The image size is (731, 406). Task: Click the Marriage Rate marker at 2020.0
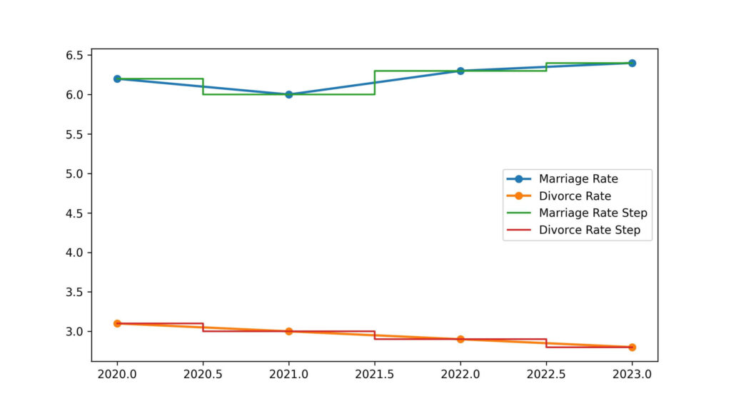click(x=117, y=78)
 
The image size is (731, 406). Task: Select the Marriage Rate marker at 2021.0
click(x=288, y=94)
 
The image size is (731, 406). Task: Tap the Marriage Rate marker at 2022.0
click(x=460, y=71)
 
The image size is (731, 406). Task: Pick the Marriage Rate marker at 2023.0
click(x=632, y=63)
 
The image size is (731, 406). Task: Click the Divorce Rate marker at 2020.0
click(x=117, y=323)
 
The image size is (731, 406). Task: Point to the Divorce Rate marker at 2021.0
click(x=288, y=331)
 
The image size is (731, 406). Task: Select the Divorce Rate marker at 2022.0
click(x=460, y=339)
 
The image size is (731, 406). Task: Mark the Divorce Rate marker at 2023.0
click(x=632, y=347)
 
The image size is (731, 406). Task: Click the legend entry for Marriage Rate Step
click(x=593, y=213)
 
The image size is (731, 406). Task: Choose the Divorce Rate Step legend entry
click(x=590, y=230)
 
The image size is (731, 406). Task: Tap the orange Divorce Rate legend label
click(x=575, y=196)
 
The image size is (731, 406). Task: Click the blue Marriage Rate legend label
click(x=578, y=178)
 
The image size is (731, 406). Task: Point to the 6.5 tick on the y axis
click(x=76, y=55)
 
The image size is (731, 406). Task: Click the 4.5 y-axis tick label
click(x=76, y=213)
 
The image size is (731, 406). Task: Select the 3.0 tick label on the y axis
click(x=76, y=332)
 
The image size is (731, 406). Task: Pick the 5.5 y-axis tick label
click(x=76, y=134)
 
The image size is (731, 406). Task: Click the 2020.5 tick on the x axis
click(x=203, y=374)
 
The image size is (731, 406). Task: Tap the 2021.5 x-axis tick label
click(x=375, y=374)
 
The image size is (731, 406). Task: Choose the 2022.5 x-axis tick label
click(x=546, y=374)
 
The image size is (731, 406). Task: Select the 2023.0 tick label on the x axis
click(x=632, y=374)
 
